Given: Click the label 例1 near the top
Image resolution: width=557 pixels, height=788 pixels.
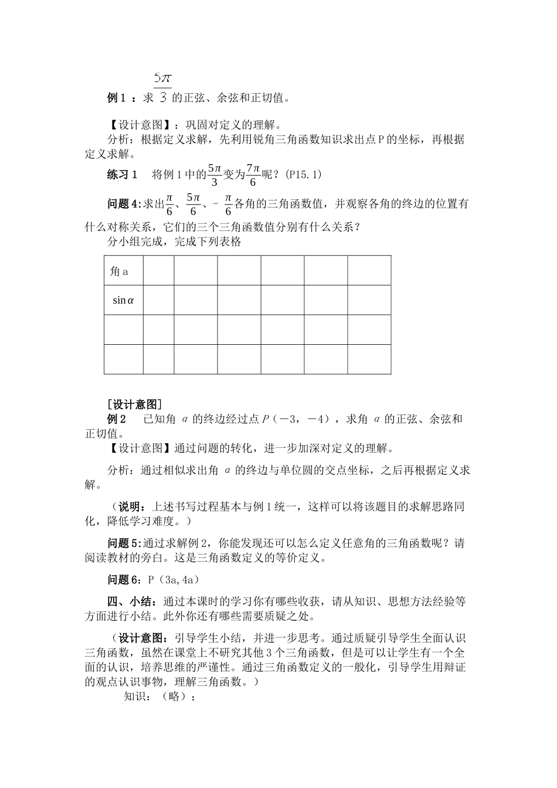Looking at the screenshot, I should (x=116, y=98).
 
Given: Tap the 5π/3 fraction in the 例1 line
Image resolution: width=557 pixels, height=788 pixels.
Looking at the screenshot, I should (x=162, y=87).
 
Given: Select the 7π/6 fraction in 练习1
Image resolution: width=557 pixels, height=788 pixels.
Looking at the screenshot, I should (x=253, y=174).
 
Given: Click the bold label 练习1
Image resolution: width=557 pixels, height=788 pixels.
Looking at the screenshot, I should (x=122, y=174).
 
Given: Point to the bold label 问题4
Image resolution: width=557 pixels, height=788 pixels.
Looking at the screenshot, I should (x=124, y=204).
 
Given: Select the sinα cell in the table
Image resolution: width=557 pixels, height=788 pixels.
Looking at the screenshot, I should (x=123, y=301).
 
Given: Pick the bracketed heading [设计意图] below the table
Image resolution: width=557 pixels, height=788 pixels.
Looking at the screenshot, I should (x=134, y=405).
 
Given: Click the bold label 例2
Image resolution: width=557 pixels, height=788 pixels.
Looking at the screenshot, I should (x=117, y=419).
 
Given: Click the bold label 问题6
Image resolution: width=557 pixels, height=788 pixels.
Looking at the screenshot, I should (x=124, y=580).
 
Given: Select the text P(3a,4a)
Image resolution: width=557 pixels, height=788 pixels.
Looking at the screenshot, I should (x=174, y=580).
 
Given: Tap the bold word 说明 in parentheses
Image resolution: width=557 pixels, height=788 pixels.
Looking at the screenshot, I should (x=130, y=507).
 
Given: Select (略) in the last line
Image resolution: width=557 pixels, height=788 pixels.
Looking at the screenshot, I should (x=176, y=697).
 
